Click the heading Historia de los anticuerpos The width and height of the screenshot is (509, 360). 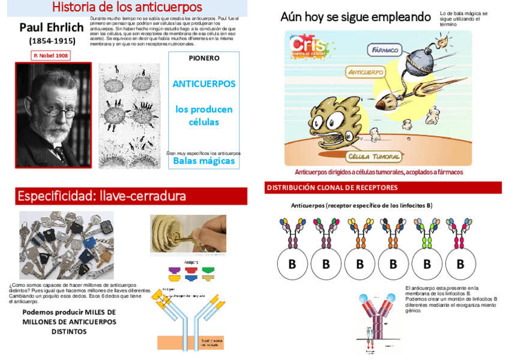click(x=127, y=8)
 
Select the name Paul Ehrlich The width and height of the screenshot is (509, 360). click(x=51, y=28)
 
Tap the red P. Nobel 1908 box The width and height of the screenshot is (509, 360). click(x=50, y=55)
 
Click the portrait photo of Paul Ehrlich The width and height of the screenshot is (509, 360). click(x=53, y=115)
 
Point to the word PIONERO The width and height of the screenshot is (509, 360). click(x=204, y=58)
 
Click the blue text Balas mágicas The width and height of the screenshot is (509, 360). click(x=204, y=161)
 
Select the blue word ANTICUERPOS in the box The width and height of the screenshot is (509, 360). click(x=204, y=84)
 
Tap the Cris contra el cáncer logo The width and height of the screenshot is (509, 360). click(x=310, y=47)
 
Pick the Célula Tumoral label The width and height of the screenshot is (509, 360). click(x=374, y=157)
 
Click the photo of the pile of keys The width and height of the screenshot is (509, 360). click(x=66, y=245)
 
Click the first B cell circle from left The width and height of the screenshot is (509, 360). click(x=292, y=264)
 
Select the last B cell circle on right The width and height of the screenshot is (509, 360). click(x=460, y=264)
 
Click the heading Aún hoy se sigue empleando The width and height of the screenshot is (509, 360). click(x=355, y=17)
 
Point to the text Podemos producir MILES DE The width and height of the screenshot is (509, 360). click(x=69, y=313)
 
